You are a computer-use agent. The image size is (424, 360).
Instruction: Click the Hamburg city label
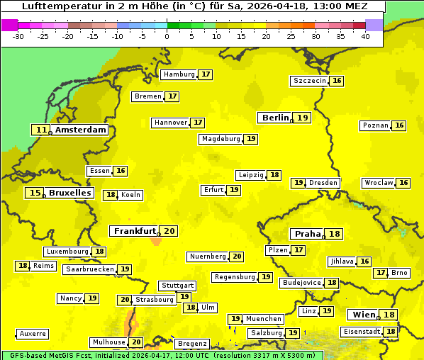pos(179,74)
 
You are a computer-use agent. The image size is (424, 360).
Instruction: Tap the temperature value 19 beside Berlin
pos(303,118)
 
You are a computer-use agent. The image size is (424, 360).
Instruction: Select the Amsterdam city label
pos(81,130)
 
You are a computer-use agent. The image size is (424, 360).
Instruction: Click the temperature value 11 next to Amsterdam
pos(42,130)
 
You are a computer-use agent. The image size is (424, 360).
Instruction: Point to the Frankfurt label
pos(135,231)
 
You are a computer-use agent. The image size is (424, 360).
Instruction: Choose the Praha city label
pos(308,234)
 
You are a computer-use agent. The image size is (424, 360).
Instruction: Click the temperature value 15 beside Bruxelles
pos(34,193)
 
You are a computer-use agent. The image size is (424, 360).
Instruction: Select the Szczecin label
pos(310,81)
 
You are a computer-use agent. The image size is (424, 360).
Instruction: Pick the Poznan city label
pos(375,125)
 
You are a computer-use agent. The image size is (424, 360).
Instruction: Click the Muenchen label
pos(264,319)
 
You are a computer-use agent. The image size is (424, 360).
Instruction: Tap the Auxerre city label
pos(33,333)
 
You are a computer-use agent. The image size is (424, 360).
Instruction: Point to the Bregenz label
pos(192,344)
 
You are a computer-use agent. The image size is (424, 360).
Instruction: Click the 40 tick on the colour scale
pos(365,35)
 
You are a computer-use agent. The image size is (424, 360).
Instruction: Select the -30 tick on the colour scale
pos(19,35)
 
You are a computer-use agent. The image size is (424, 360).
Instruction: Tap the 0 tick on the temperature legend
pos(167,35)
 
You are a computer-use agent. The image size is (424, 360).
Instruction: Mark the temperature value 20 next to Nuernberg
pos(237,257)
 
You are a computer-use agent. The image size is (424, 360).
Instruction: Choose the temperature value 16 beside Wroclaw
pos(403,183)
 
